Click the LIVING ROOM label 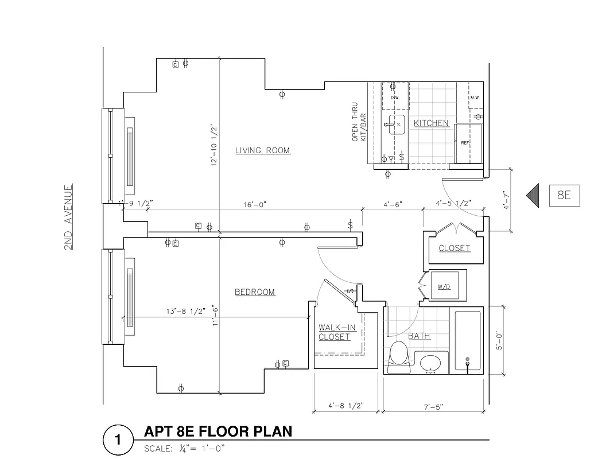pos(262,151)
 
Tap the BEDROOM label pos(255,292)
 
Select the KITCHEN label pos(431,123)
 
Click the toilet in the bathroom pos(398,354)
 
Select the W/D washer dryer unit pos(444,285)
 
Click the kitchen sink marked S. pos(397,124)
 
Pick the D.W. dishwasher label pos(394,98)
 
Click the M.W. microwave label pos(475,98)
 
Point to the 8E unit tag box pos(564,196)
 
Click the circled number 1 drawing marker pos(118,440)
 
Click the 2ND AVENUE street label pos(68,217)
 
